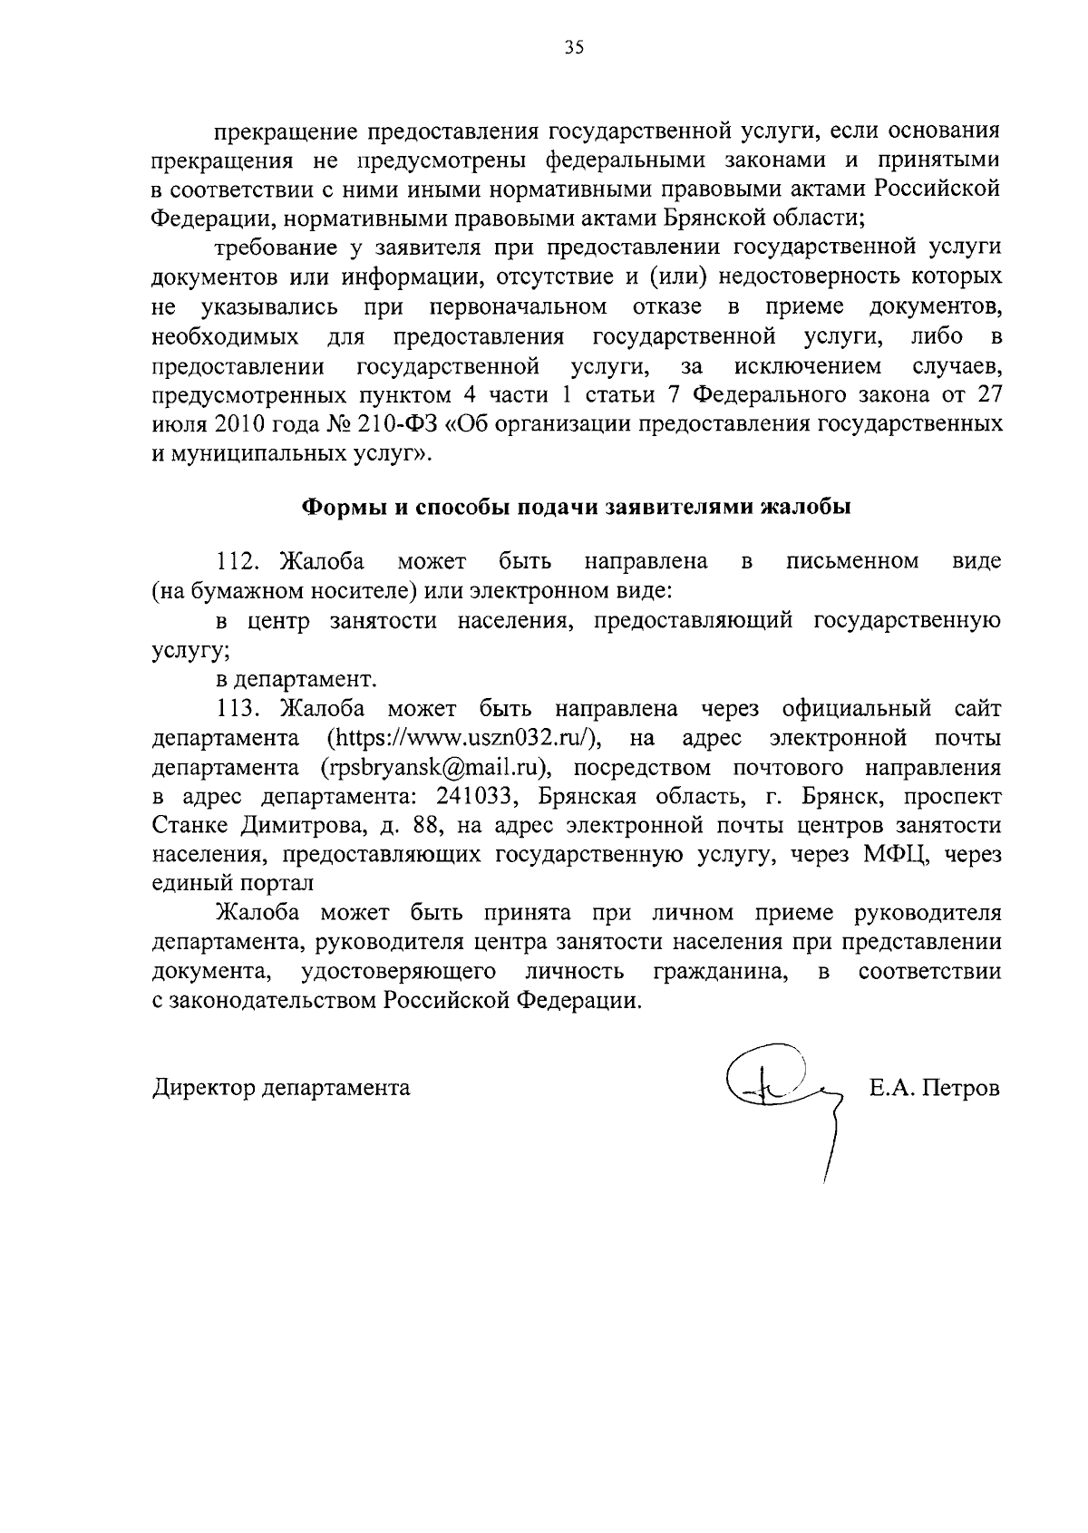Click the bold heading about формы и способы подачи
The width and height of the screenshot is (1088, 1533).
click(576, 507)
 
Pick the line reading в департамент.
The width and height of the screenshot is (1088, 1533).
click(295, 679)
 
